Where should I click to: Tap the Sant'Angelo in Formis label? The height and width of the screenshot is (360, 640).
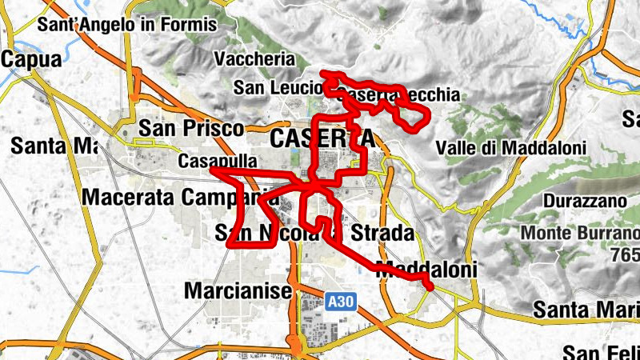pos(126,25)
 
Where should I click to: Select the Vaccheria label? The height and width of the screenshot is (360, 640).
pos(254,59)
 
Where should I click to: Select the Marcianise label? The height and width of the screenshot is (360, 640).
pos(238,291)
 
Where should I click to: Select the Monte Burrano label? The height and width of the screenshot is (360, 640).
pos(578,234)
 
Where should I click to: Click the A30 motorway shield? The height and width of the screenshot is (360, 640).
pos(339,302)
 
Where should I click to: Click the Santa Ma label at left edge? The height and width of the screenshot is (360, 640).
pos(53,146)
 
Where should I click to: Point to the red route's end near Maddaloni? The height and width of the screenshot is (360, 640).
pos(430,286)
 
